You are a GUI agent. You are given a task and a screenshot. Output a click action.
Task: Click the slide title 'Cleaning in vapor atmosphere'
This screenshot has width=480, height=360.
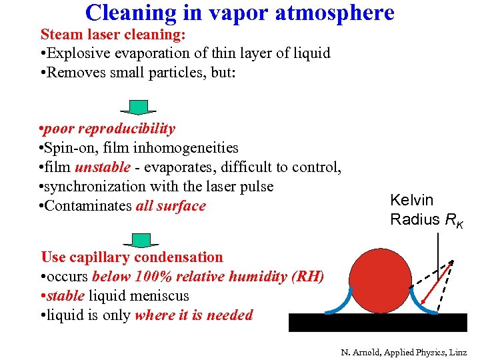point(239,12)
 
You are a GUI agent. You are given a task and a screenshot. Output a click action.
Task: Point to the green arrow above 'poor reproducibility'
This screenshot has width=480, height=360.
point(138,107)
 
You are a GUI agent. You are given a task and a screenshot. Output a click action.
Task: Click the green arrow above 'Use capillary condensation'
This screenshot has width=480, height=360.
point(141,240)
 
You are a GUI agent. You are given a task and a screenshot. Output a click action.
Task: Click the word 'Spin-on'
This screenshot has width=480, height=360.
point(71,147)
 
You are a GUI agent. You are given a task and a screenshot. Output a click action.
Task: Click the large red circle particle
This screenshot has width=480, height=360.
point(379,281)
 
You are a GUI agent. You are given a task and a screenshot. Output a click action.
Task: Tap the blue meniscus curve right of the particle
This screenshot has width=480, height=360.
point(421,298)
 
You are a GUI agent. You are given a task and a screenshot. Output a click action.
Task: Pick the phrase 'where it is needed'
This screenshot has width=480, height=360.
point(193,315)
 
